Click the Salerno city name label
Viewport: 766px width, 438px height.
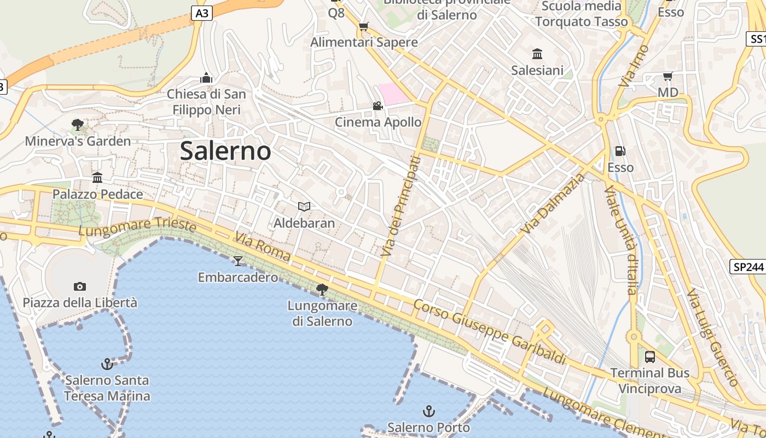click(x=225, y=151)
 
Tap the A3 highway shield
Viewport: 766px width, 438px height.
click(x=202, y=14)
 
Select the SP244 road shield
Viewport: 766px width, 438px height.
click(x=747, y=267)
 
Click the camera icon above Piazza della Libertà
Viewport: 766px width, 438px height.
click(x=80, y=286)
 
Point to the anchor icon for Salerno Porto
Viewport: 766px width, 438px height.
click(x=429, y=411)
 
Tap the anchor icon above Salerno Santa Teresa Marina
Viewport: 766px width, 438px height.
click(x=107, y=364)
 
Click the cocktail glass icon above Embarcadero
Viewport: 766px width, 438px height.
click(x=237, y=261)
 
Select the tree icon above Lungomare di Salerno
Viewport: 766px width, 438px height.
click(x=322, y=289)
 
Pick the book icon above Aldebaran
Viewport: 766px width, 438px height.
click(x=304, y=206)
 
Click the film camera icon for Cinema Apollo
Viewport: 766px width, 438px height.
click(x=378, y=106)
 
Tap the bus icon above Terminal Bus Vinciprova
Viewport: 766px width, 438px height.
click(x=650, y=357)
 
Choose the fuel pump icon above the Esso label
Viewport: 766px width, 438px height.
click(x=620, y=151)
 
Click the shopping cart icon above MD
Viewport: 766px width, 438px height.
click(x=668, y=76)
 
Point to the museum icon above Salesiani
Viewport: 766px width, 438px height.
click(x=537, y=54)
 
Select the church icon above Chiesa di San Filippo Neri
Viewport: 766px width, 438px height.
click(x=206, y=78)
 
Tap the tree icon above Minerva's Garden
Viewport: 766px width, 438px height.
click(x=78, y=125)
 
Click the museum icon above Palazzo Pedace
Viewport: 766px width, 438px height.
click(x=97, y=177)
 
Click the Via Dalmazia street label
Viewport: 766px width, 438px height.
click(x=553, y=204)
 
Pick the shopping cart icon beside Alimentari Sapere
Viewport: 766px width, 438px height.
click(x=363, y=26)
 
